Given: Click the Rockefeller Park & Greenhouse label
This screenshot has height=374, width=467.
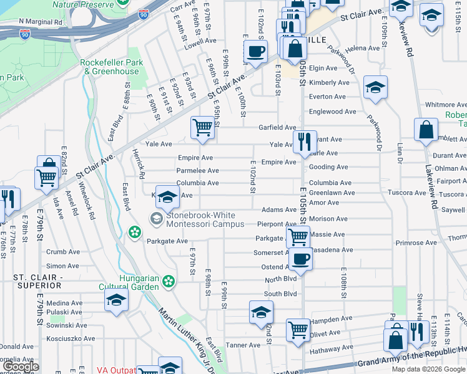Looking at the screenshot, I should (x=112, y=67).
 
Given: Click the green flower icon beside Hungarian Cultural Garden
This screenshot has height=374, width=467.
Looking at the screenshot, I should (x=167, y=282).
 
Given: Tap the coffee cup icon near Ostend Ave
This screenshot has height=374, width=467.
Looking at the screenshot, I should (x=301, y=259).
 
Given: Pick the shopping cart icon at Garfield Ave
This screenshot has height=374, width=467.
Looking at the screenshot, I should (x=202, y=128).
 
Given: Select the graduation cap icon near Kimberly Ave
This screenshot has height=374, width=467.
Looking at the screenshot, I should (x=375, y=88).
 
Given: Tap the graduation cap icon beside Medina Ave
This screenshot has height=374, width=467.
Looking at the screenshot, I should (x=116, y=300).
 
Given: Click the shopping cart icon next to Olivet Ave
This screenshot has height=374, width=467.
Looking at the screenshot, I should (x=298, y=330).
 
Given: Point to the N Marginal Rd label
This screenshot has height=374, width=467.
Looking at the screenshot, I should (x=41, y=21).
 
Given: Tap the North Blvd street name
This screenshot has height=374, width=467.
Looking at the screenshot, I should (x=280, y=280).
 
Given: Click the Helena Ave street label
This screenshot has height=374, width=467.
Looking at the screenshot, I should (x=362, y=48).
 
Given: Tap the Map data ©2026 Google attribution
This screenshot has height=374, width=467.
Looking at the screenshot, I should (x=428, y=369).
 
